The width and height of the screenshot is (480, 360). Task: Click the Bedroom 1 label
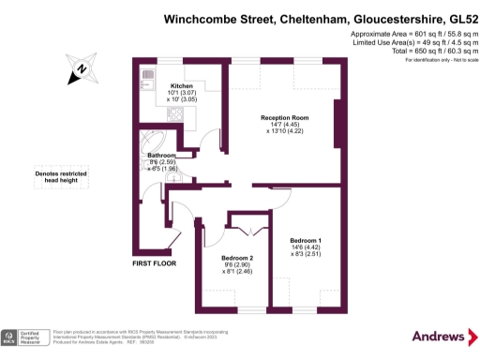click(306, 239)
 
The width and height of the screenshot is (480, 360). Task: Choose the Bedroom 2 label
click(237, 258)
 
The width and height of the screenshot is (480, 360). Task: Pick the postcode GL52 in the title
click(452, 18)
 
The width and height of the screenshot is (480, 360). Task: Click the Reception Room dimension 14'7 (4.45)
click(280, 125)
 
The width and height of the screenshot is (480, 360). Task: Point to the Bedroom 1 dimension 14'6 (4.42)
click(306, 247)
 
